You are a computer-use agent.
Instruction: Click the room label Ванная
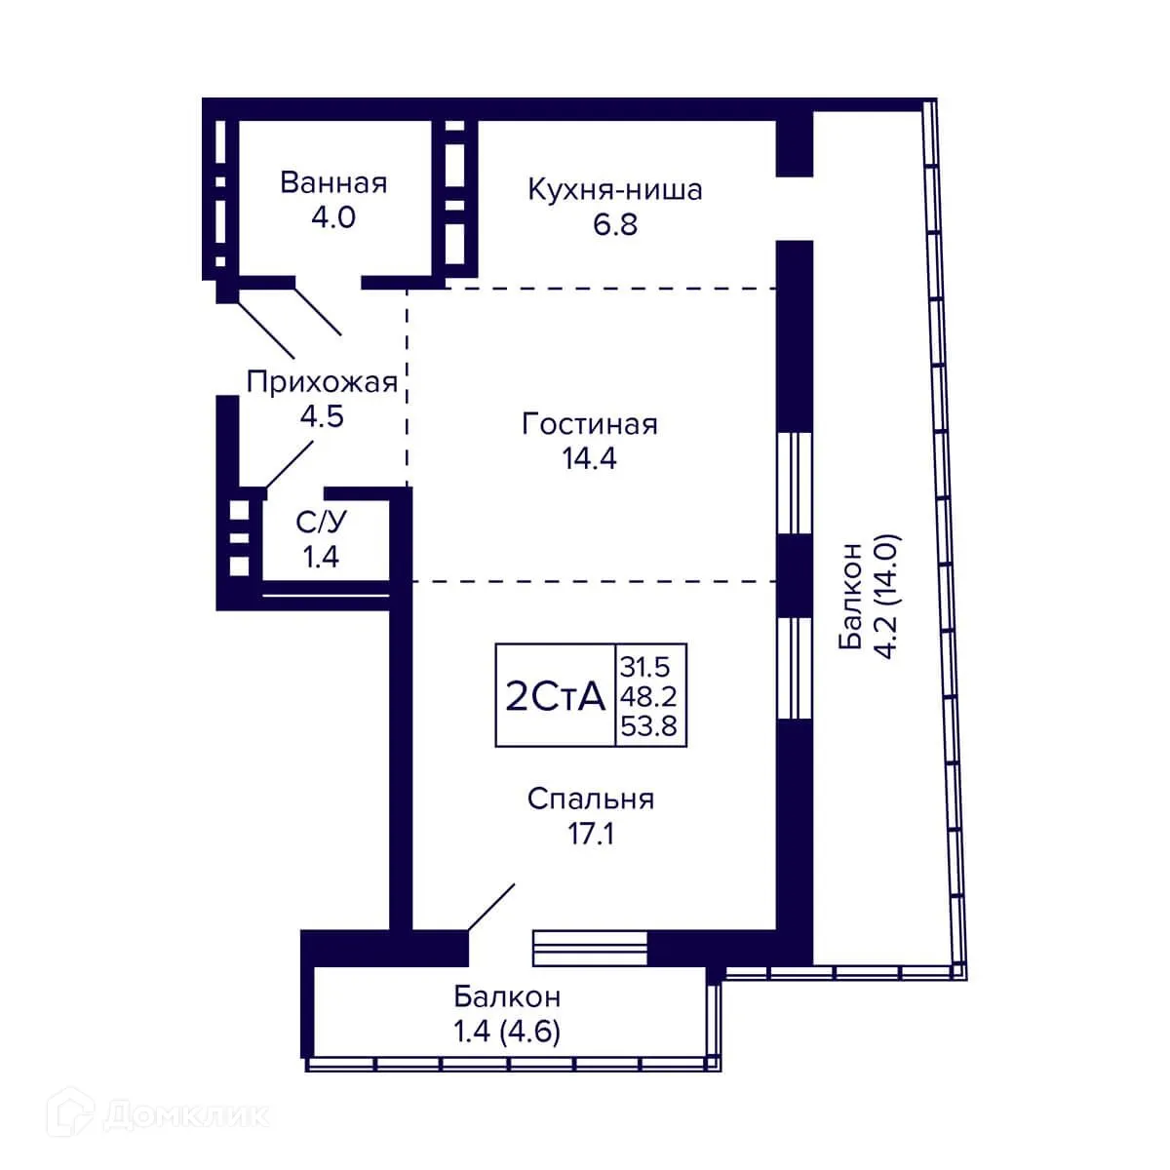point(333,182)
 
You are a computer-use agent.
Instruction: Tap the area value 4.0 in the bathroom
point(333,217)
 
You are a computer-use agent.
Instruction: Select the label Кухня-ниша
point(615,190)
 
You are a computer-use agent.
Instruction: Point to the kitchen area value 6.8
point(615,224)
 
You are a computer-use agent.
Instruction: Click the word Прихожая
point(322,383)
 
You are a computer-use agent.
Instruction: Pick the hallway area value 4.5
point(322,416)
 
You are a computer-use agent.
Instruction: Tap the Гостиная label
point(590,424)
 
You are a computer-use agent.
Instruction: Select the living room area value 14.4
point(590,458)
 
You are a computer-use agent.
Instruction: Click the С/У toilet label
point(321,522)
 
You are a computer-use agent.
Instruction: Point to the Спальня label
point(591,799)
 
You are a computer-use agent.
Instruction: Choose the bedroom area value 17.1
point(591,833)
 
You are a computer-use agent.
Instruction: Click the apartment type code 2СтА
point(556,696)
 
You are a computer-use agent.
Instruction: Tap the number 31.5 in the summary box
point(644,667)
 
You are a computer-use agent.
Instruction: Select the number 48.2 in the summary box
point(647,697)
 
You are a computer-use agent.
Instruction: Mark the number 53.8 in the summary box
point(648,726)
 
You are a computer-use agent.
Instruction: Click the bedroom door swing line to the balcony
point(491,907)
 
